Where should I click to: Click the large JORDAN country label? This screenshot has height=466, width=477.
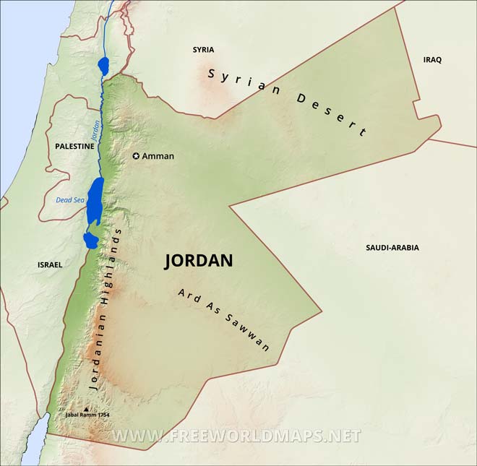coord(199,261)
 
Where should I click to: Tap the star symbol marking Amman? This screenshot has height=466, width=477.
coord(135,155)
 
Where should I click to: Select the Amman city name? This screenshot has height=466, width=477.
coord(158,155)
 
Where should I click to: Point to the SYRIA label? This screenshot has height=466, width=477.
coord(203,50)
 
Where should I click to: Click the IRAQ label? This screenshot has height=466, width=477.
coord(432,59)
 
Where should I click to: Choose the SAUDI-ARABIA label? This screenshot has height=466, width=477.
coord(392,247)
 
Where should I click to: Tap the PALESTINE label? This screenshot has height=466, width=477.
coord(74,146)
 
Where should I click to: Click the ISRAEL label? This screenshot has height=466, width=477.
coord(50,264)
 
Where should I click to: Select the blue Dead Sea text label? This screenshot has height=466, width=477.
coord(70,200)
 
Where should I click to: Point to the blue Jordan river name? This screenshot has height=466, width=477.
coord(95,129)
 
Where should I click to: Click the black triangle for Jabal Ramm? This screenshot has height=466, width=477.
coord(87,409)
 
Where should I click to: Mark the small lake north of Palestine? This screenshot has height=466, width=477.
coord(103,66)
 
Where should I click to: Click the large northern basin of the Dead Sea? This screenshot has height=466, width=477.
coord(95,202)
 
